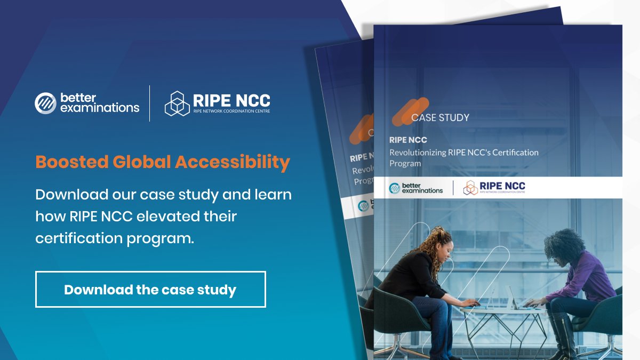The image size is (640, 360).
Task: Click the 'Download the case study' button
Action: pyautogui.click(x=150, y=290)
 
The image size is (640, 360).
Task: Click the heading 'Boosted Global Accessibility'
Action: pyautogui.click(x=163, y=162)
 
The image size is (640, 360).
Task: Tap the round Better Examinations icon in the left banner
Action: pyautogui.click(x=45, y=103)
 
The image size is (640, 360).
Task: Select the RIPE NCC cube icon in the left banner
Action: pyautogui.click(x=177, y=103)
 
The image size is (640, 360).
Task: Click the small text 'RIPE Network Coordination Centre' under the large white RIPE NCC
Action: pyautogui.click(x=231, y=111)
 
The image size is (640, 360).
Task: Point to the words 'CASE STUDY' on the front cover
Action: pyautogui.click(x=440, y=117)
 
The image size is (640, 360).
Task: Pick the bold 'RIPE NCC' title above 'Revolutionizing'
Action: pyautogui.click(x=408, y=140)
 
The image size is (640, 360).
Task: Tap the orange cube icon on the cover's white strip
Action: pyautogui.click(x=470, y=188)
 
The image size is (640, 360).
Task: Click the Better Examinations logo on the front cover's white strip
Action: pyautogui.click(x=416, y=188)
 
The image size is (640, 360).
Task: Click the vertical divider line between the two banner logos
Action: pyautogui.click(x=150, y=103)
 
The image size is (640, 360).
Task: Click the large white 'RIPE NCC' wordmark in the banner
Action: pyautogui.click(x=232, y=100)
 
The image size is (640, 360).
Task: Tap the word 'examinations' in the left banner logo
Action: pyautogui.click(x=100, y=108)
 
